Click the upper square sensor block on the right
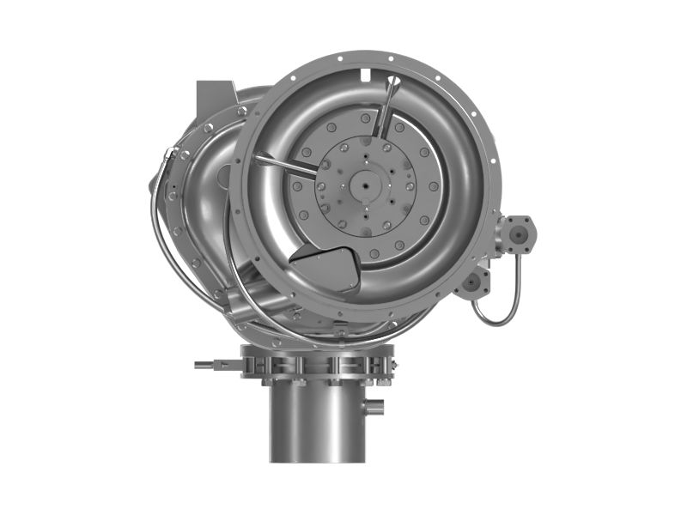[x=518, y=233]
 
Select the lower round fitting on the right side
[x=471, y=283]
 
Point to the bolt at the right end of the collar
[x=391, y=367]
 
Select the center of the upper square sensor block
[x=518, y=233]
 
